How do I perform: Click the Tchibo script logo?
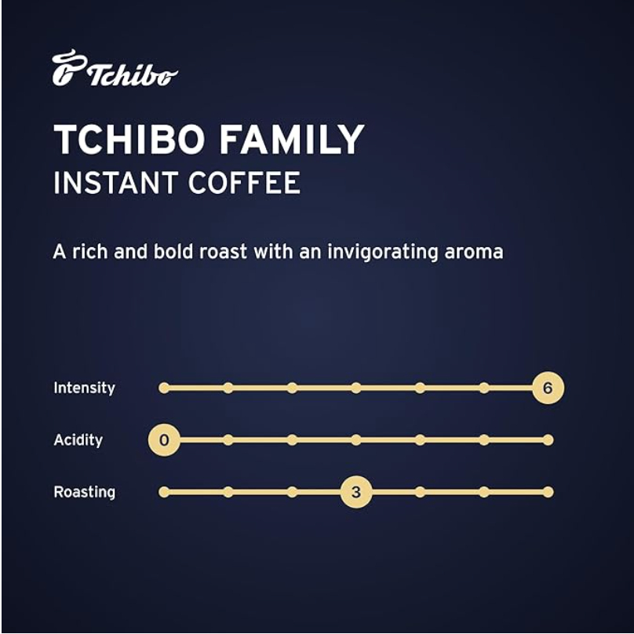click(x=115, y=68)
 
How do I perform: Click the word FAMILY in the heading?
click(x=291, y=139)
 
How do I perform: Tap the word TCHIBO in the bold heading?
click(x=129, y=139)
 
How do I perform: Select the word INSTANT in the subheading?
click(x=115, y=183)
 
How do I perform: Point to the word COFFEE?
click(x=244, y=183)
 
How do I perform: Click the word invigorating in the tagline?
click(x=382, y=253)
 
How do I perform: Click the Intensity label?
click(x=85, y=388)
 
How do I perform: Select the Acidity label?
click(x=78, y=440)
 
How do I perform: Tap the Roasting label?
click(x=85, y=492)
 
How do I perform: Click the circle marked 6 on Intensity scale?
click(x=548, y=388)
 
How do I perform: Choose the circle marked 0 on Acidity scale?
click(x=164, y=440)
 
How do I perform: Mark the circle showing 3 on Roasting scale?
click(x=355, y=492)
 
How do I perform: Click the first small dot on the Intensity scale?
click(x=164, y=388)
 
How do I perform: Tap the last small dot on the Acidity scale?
click(x=548, y=440)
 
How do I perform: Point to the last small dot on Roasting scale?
click(x=548, y=492)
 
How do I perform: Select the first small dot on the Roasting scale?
click(x=164, y=492)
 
